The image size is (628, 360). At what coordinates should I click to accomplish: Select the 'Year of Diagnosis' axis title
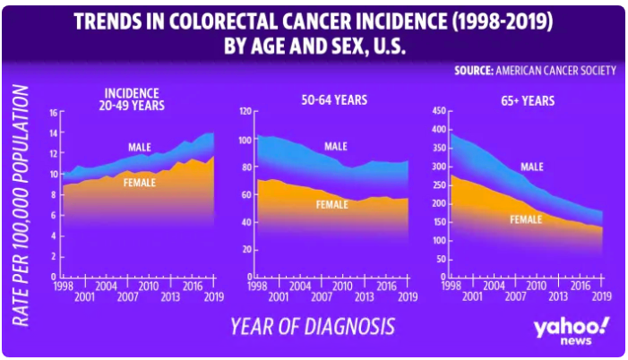(312, 325)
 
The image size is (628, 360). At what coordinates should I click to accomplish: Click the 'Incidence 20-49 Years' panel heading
(133, 99)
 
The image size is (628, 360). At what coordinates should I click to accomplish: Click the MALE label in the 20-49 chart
(139, 147)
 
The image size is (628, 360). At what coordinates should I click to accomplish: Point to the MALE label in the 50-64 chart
(335, 146)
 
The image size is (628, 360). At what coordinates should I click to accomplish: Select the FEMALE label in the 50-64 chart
(332, 204)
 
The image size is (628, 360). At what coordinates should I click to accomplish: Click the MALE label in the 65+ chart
(531, 166)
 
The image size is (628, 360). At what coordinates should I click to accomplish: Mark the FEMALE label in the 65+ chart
(528, 219)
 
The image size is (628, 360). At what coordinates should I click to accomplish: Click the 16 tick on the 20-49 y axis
(53, 112)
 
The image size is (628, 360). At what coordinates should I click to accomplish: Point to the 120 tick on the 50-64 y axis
(242, 112)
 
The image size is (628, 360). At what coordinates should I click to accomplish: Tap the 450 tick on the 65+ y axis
(439, 112)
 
